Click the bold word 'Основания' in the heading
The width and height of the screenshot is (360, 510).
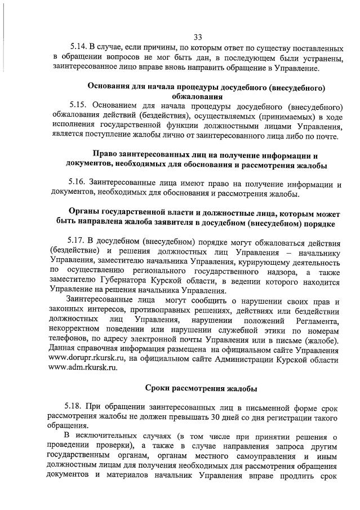tap(109, 86)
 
